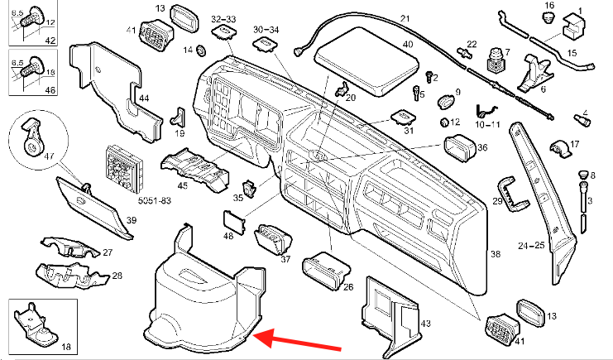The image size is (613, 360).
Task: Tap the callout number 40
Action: click(x=407, y=43)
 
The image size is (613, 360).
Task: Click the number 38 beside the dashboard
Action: click(x=496, y=254)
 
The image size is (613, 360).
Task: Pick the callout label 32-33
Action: click(x=223, y=17)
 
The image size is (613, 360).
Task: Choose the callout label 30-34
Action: click(x=266, y=29)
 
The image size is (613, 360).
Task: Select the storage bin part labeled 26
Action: click(x=325, y=271)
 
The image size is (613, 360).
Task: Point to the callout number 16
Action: click(x=548, y=7)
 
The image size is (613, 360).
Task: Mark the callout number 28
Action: click(x=117, y=275)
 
